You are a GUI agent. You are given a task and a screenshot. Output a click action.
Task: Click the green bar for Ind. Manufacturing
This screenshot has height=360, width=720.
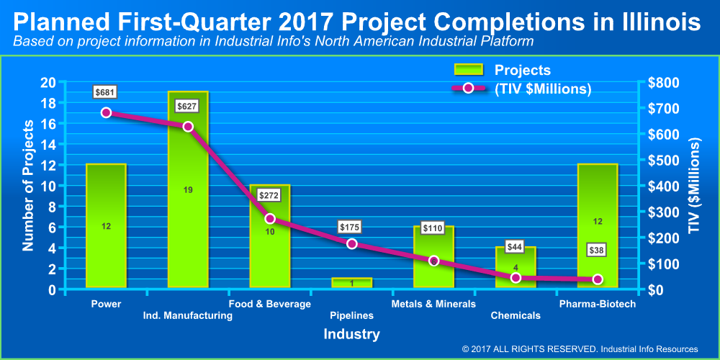point(188,216)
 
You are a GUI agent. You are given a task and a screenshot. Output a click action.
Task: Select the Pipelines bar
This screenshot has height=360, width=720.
point(352,283)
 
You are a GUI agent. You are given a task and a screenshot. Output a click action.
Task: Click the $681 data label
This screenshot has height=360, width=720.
point(105,92)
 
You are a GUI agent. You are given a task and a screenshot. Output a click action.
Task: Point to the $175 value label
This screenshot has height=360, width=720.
point(351,227)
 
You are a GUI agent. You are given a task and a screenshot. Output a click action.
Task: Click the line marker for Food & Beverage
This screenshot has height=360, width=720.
point(270,218)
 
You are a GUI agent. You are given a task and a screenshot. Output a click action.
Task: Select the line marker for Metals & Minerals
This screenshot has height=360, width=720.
point(433,261)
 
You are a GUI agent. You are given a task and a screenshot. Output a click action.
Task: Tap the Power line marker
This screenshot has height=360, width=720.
point(106,112)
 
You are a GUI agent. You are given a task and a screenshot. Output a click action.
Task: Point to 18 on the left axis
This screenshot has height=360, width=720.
point(49,103)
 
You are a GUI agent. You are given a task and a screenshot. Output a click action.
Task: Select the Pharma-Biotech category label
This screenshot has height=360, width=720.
point(597,304)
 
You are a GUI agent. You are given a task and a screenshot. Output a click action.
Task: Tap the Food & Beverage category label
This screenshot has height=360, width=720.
point(270,304)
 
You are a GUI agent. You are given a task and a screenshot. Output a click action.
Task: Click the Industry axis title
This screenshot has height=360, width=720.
point(351,334)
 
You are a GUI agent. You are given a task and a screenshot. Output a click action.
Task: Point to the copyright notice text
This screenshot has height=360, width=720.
point(580,349)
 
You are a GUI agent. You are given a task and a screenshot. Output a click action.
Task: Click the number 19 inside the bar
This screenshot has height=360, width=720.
point(188,190)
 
